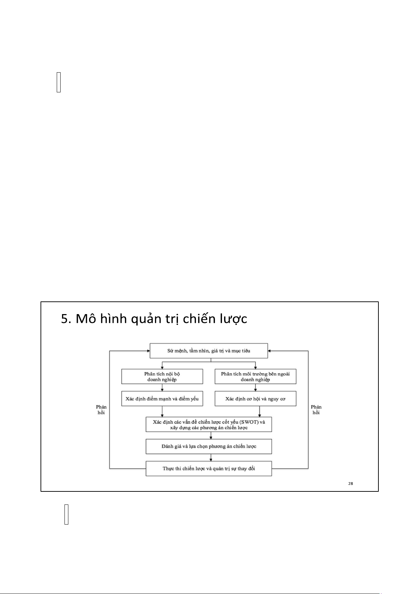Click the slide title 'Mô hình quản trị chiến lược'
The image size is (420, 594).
click(161, 319)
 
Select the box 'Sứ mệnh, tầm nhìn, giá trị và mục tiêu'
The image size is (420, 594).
click(209, 351)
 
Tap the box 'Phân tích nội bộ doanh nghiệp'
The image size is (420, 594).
click(162, 376)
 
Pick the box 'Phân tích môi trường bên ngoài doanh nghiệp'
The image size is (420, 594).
click(255, 376)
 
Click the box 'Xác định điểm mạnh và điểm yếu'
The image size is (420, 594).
click(162, 399)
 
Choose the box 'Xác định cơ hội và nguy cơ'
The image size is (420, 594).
click(255, 399)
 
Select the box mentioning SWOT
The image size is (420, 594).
click(209, 424)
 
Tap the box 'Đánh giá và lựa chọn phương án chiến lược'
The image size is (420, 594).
click(209, 447)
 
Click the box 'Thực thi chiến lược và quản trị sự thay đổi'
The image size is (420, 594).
click(209, 469)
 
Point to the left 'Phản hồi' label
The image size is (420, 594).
click(101, 410)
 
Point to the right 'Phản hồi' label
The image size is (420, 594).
click(316, 410)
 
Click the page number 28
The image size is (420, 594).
click(351, 484)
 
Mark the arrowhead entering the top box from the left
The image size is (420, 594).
click(148, 351)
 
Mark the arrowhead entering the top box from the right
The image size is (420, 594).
click(270, 351)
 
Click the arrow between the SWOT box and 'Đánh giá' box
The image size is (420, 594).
click(211, 435)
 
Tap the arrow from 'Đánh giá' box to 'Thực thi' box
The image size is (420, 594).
click(211, 458)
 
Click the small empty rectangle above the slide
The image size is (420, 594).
click(58, 82)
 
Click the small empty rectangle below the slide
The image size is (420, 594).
click(66, 514)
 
